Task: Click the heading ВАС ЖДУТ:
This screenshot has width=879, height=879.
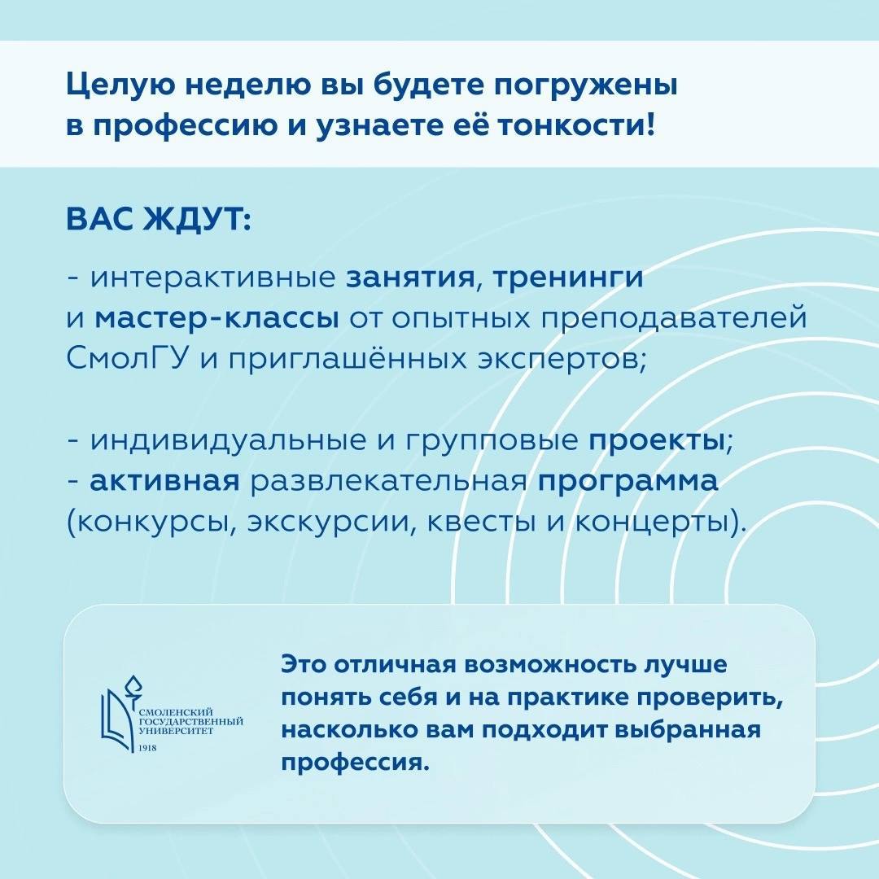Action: [159, 220]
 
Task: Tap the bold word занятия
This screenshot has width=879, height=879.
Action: [410, 278]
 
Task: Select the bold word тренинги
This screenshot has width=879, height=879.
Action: [567, 278]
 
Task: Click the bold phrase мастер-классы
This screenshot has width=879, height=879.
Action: [217, 319]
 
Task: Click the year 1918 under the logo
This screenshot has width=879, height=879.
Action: [147, 748]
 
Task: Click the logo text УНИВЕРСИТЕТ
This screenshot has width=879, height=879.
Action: [176, 732]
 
